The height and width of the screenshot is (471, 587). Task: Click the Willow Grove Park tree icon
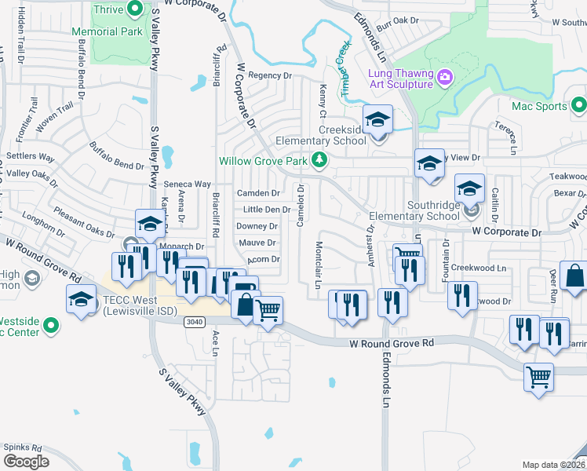coord(319,160)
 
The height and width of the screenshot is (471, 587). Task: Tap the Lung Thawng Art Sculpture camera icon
coord(445,77)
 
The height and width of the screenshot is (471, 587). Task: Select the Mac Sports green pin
coord(579,104)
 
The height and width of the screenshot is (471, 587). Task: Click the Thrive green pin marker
coord(135,10)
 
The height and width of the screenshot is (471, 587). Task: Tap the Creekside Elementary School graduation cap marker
coord(378,120)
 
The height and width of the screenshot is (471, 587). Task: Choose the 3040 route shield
coord(195,322)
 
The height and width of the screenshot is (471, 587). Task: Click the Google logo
coord(26,461)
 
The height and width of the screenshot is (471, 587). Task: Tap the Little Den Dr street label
coord(267,210)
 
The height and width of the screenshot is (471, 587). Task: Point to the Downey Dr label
coord(257,226)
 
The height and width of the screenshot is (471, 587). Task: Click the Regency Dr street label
coord(269,75)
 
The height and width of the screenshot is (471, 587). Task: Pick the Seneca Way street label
coord(187,184)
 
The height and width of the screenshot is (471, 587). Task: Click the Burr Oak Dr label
coord(398,20)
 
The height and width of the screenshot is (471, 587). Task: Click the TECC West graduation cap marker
coord(81,301)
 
